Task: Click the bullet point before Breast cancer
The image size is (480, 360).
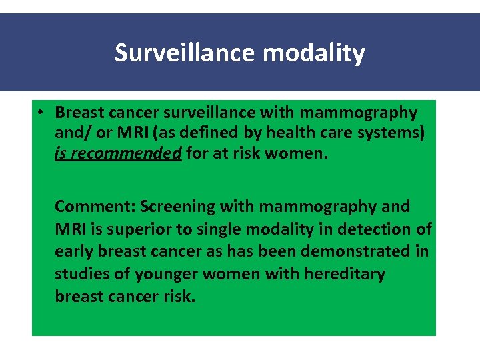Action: click(41, 113)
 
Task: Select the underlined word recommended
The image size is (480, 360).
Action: click(125, 154)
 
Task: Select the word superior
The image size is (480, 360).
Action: click(145, 229)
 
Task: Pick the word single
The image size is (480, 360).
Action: click(217, 229)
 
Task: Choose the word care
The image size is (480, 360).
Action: click(329, 133)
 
